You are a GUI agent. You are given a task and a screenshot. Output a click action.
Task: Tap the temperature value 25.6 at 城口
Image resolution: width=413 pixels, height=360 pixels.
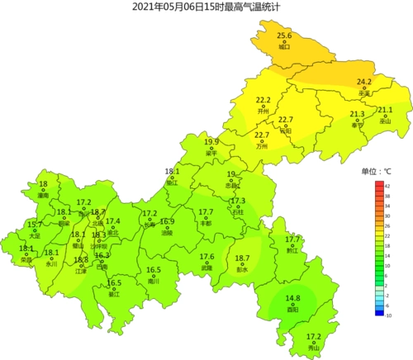[x=284, y=36]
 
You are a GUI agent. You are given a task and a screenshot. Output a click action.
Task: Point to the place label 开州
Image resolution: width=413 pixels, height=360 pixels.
[x=263, y=110]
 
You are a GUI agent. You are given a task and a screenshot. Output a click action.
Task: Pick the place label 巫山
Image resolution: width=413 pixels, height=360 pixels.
[x=384, y=121]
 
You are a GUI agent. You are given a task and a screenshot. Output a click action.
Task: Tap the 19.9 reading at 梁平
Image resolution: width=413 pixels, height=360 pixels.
[x=211, y=142]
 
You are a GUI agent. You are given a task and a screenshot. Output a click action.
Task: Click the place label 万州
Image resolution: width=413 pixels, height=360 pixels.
[x=262, y=145]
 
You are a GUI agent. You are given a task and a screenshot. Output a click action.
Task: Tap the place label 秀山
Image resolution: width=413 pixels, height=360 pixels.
[x=313, y=348]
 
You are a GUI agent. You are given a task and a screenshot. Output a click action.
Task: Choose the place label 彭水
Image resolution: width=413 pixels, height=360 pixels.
[x=242, y=269]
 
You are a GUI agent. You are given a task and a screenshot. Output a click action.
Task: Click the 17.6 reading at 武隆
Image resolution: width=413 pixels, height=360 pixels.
[x=206, y=257]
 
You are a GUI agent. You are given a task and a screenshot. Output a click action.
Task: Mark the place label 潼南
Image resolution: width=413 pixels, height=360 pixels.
[x=43, y=195]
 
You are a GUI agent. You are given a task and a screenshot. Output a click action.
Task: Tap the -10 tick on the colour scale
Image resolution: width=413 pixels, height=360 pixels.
[x=388, y=315]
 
